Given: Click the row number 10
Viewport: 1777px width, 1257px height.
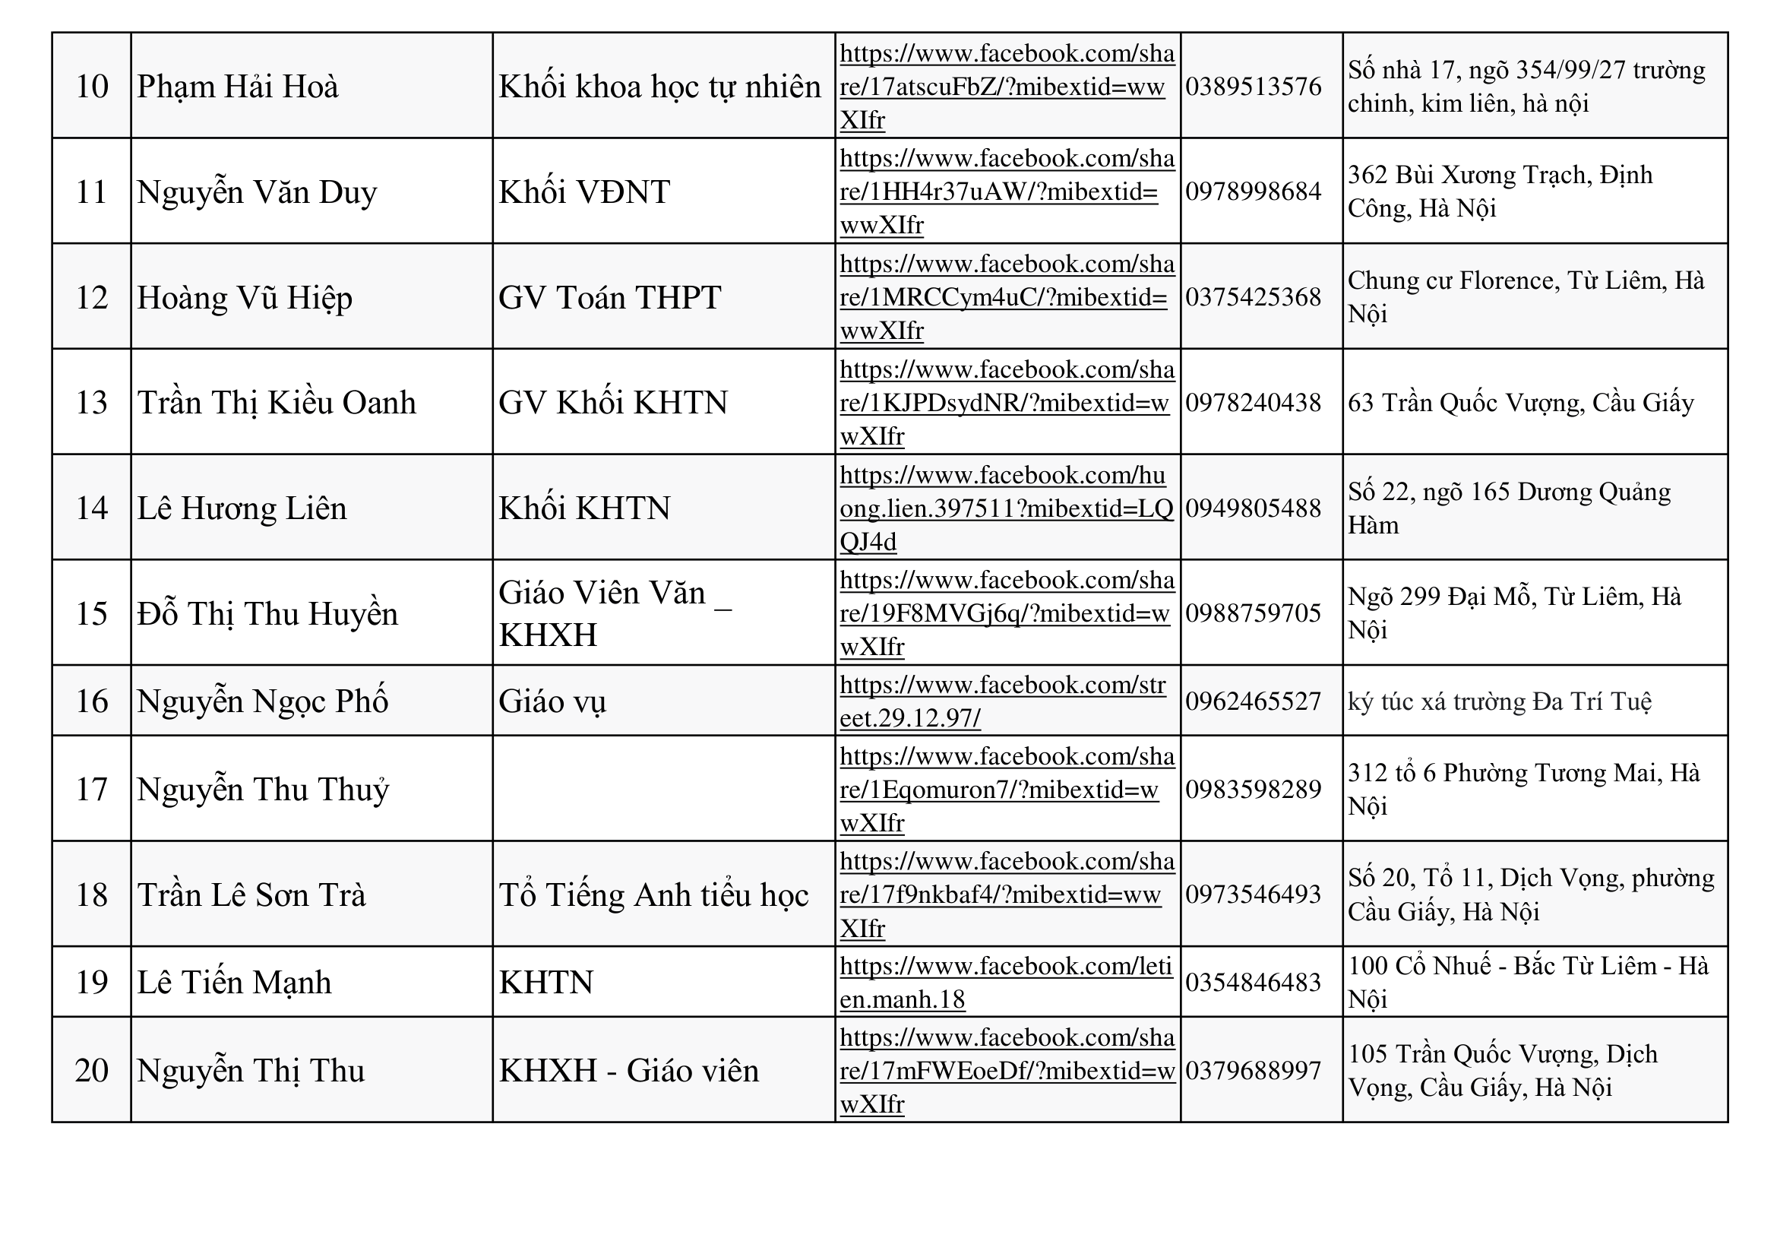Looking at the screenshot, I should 91,86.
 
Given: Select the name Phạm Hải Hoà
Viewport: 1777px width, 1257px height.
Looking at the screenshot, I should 238,86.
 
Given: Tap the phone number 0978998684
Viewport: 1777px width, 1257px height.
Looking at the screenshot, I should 1253,192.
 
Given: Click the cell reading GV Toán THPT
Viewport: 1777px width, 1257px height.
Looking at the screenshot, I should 610,297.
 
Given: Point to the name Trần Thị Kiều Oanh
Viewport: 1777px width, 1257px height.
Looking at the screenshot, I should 277,403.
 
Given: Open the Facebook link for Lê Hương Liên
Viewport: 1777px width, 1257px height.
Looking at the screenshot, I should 1006,508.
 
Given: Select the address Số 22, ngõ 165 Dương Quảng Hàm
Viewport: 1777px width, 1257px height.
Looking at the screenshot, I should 1509,508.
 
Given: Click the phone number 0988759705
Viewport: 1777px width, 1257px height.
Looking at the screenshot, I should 1253,613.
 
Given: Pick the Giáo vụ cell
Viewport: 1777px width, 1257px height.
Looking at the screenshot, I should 552,701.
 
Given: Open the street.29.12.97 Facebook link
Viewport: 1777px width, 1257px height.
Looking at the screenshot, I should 1002,701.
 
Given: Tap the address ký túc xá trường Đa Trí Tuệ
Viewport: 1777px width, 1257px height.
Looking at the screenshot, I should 1499,701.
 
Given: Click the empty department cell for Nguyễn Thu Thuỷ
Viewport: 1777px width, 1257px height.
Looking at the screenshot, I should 663,789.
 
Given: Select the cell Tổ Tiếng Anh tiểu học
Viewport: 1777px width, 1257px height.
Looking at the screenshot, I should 653,894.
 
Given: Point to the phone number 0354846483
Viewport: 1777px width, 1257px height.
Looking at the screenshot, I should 1253,982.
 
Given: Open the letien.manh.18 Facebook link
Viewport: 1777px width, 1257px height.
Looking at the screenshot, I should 1005,982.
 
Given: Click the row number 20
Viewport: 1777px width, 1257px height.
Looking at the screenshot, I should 91,1071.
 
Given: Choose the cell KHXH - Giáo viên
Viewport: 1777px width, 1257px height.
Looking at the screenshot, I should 628,1071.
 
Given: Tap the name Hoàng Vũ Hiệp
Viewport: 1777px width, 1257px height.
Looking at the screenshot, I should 245,297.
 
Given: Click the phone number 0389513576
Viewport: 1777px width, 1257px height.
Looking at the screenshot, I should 1253,86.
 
